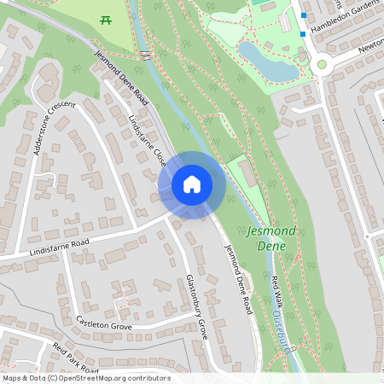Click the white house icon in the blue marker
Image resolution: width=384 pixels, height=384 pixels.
coord(191,184)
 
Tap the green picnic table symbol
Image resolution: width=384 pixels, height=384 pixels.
coord(106,19)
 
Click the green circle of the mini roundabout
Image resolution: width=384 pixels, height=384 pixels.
coord(322,64)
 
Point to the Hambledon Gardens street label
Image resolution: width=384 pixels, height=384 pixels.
coord(346,17)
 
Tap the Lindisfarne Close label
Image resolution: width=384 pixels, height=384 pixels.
coord(147,141)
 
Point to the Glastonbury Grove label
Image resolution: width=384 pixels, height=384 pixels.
coord(197,306)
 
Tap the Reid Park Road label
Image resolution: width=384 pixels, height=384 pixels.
coord(75,358)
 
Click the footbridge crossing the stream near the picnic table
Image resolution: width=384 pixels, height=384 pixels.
coord(145,55)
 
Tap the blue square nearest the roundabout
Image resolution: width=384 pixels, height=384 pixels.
coord(303,34)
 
